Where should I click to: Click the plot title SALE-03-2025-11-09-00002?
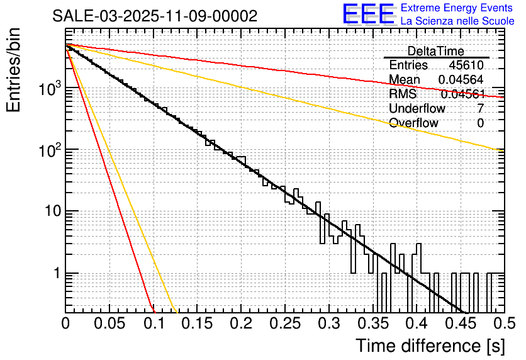155,16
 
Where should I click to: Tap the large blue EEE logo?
369,15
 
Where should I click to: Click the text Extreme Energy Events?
457,8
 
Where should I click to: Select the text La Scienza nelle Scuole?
457,21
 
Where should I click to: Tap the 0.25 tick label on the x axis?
284,323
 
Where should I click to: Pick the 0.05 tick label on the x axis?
109,323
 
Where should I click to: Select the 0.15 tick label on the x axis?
196,323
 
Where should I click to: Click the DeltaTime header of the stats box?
435,51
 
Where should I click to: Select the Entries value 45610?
466,65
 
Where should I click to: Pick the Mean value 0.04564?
461,79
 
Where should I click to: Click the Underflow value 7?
480,108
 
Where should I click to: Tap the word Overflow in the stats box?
413,123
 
